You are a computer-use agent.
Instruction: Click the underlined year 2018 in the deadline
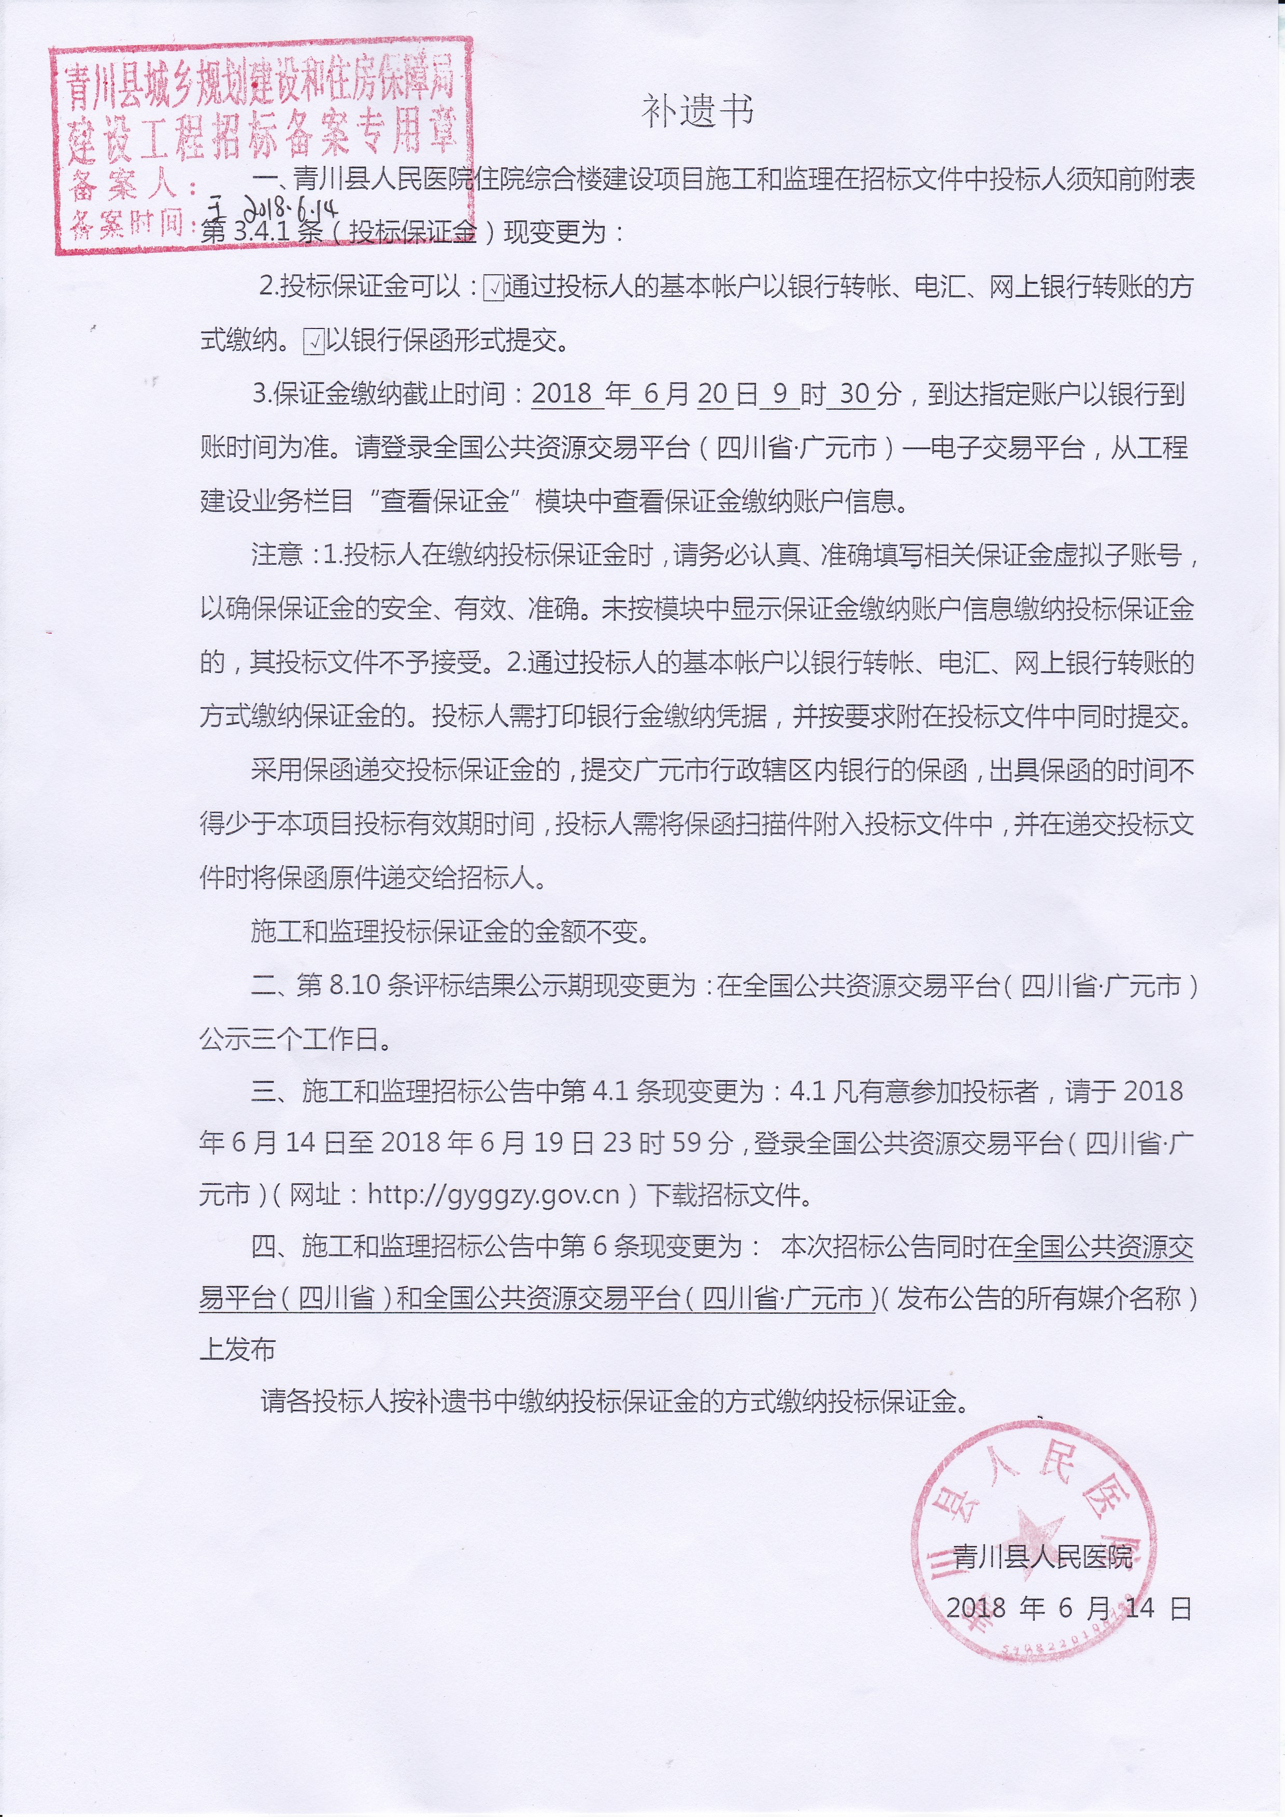[x=563, y=393]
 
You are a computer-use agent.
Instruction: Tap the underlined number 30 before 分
[x=854, y=393]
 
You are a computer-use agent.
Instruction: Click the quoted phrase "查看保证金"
[x=442, y=501]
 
